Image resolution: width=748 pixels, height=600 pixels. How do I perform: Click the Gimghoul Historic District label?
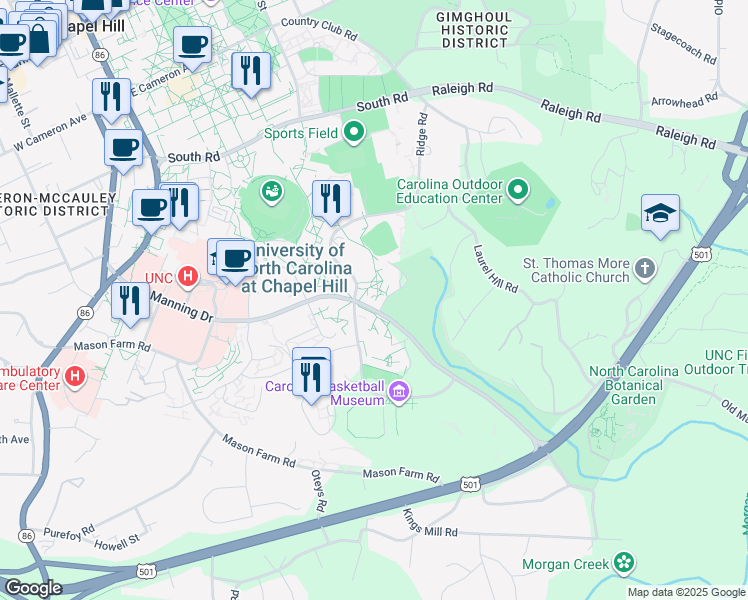pos(473,30)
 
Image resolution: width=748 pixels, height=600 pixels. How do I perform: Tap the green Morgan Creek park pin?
pos(625,564)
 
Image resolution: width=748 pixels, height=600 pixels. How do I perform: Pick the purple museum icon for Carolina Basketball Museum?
pos(400,390)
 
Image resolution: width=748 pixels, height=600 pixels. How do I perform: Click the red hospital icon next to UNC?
pos(187,276)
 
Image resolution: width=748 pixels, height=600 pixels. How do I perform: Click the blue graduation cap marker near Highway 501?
pos(660,214)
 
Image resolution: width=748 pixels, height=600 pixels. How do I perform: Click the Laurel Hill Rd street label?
pos(495,270)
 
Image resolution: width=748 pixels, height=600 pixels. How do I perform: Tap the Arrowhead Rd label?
pos(684,100)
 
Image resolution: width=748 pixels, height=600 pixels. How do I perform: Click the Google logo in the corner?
pos(33,588)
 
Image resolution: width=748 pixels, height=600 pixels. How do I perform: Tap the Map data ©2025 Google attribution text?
pos(685,592)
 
